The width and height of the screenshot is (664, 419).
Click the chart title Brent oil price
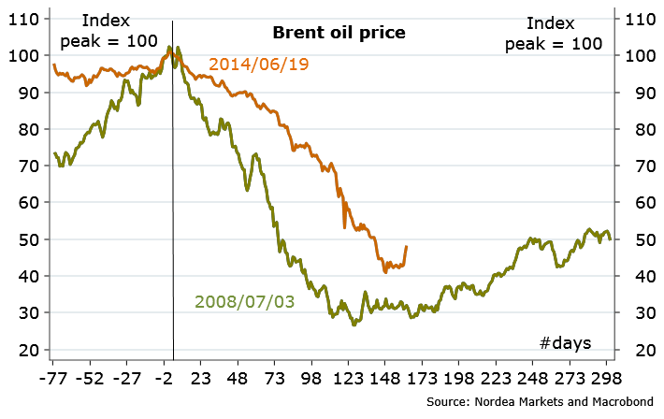click(x=339, y=33)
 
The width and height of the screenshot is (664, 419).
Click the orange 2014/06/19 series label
click(x=259, y=65)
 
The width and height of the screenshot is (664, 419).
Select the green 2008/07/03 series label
click(x=244, y=301)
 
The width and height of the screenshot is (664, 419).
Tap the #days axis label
click(x=566, y=342)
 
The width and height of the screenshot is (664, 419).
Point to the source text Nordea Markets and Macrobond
click(x=540, y=401)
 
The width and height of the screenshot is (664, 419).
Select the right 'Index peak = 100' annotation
click(x=553, y=33)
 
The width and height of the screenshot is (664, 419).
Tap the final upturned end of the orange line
click(x=407, y=247)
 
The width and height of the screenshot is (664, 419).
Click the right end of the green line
click(x=611, y=239)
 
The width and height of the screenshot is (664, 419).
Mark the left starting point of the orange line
click(x=54, y=65)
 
